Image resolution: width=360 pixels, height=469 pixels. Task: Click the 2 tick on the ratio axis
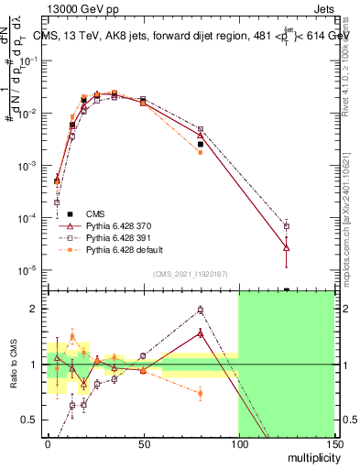coord(36,309)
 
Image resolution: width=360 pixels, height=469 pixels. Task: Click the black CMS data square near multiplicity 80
coord(200,144)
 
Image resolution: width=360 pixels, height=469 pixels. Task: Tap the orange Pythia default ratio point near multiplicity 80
coord(200,394)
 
